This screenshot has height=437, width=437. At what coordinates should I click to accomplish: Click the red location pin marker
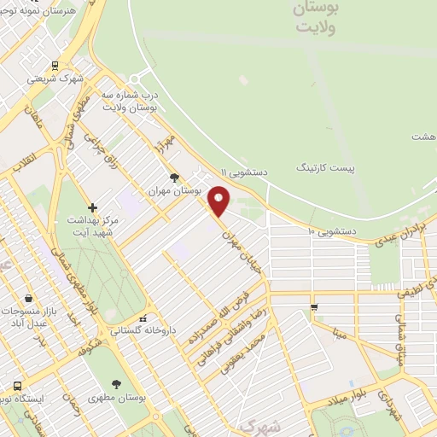click(219, 201)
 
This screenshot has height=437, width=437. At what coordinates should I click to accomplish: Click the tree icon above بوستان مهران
click(175, 178)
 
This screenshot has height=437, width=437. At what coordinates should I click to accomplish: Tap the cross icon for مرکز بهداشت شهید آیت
click(93, 207)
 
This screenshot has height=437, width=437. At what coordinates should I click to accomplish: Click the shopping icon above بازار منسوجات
click(30, 299)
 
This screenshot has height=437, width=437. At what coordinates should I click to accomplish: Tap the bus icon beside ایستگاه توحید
click(16, 384)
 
